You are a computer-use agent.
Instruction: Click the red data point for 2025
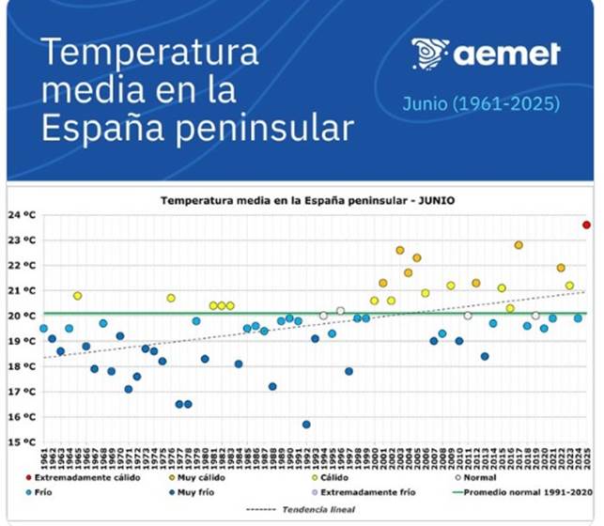586,224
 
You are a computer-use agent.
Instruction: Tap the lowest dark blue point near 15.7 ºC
306,425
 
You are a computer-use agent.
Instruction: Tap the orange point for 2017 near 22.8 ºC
519,245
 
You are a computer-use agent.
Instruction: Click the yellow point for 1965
78,296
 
